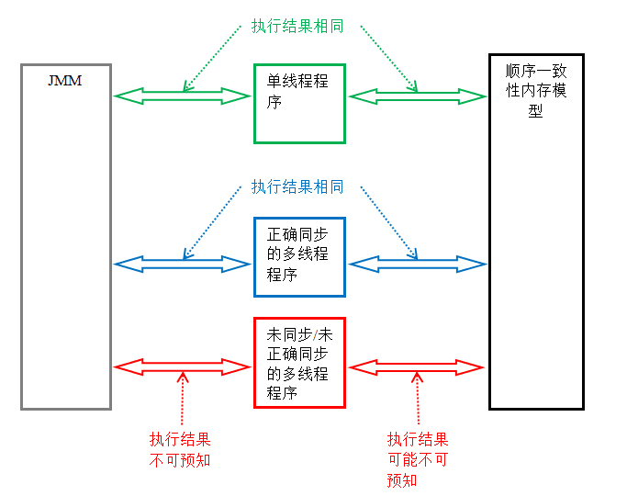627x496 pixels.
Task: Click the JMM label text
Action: tap(64, 80)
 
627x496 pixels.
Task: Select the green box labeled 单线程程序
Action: tap(299, 103)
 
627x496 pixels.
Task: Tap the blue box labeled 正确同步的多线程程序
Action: tap(299, 257)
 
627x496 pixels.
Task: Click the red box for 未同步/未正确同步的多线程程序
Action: tap(299, 362)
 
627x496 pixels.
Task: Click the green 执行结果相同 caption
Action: tap(297, 26)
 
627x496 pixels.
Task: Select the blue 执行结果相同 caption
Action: tap(297, 187)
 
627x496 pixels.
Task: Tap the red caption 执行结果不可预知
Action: tap(180, 449)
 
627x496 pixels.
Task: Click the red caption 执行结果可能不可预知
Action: tap(418, 459)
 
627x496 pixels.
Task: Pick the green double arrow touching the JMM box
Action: tap(182, 96)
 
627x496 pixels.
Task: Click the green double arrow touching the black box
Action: tap(418, 96)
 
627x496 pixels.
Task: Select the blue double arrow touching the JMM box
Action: tap(182, 265)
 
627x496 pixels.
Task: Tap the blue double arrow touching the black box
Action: tap(418, 265)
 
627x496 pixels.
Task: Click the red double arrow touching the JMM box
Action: tap(182, 367)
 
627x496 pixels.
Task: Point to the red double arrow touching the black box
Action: tap(418, 367)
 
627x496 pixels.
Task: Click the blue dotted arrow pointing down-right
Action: tap(387, 220)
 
